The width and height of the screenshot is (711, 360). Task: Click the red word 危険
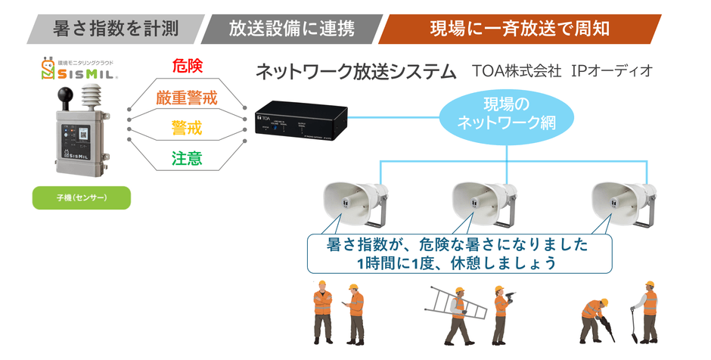tap(187, 67)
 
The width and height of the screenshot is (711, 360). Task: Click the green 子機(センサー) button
tap(82, 197)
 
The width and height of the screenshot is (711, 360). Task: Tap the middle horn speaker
tap(484, 203)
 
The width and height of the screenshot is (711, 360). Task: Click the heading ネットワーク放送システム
tap(355, 72)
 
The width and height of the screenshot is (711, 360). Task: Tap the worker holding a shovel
tap(647, 312)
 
